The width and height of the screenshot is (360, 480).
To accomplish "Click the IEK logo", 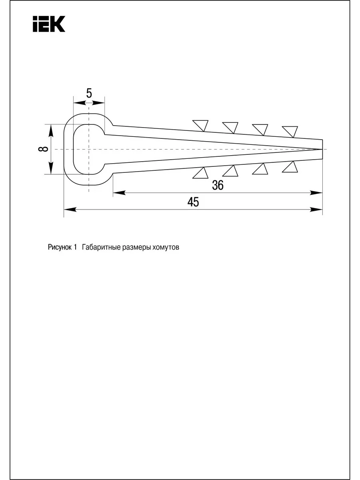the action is click(x=49, y=24).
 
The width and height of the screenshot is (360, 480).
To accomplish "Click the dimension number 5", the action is click(x=89, y=93).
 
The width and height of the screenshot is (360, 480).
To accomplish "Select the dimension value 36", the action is click(x=218, y=185).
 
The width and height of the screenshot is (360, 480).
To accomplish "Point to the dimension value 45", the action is click(x=193, y=202).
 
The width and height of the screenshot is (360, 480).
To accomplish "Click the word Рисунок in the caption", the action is click(x=60, y=247).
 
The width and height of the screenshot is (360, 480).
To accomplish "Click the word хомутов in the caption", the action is click(x=166, y=247).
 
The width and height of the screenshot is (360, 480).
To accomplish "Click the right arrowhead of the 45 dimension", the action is click(x=316, y=210).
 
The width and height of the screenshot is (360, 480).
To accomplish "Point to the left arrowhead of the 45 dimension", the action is click(x=70, y=210).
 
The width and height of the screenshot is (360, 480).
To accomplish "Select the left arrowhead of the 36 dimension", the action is click(x=119, y=193).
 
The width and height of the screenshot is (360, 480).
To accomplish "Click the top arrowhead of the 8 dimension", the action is click(x=51, y=130).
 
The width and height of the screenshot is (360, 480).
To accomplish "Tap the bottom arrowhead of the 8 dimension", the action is click(x=51, y=168).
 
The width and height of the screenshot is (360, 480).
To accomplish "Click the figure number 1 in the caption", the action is click(x=75, y=247).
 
